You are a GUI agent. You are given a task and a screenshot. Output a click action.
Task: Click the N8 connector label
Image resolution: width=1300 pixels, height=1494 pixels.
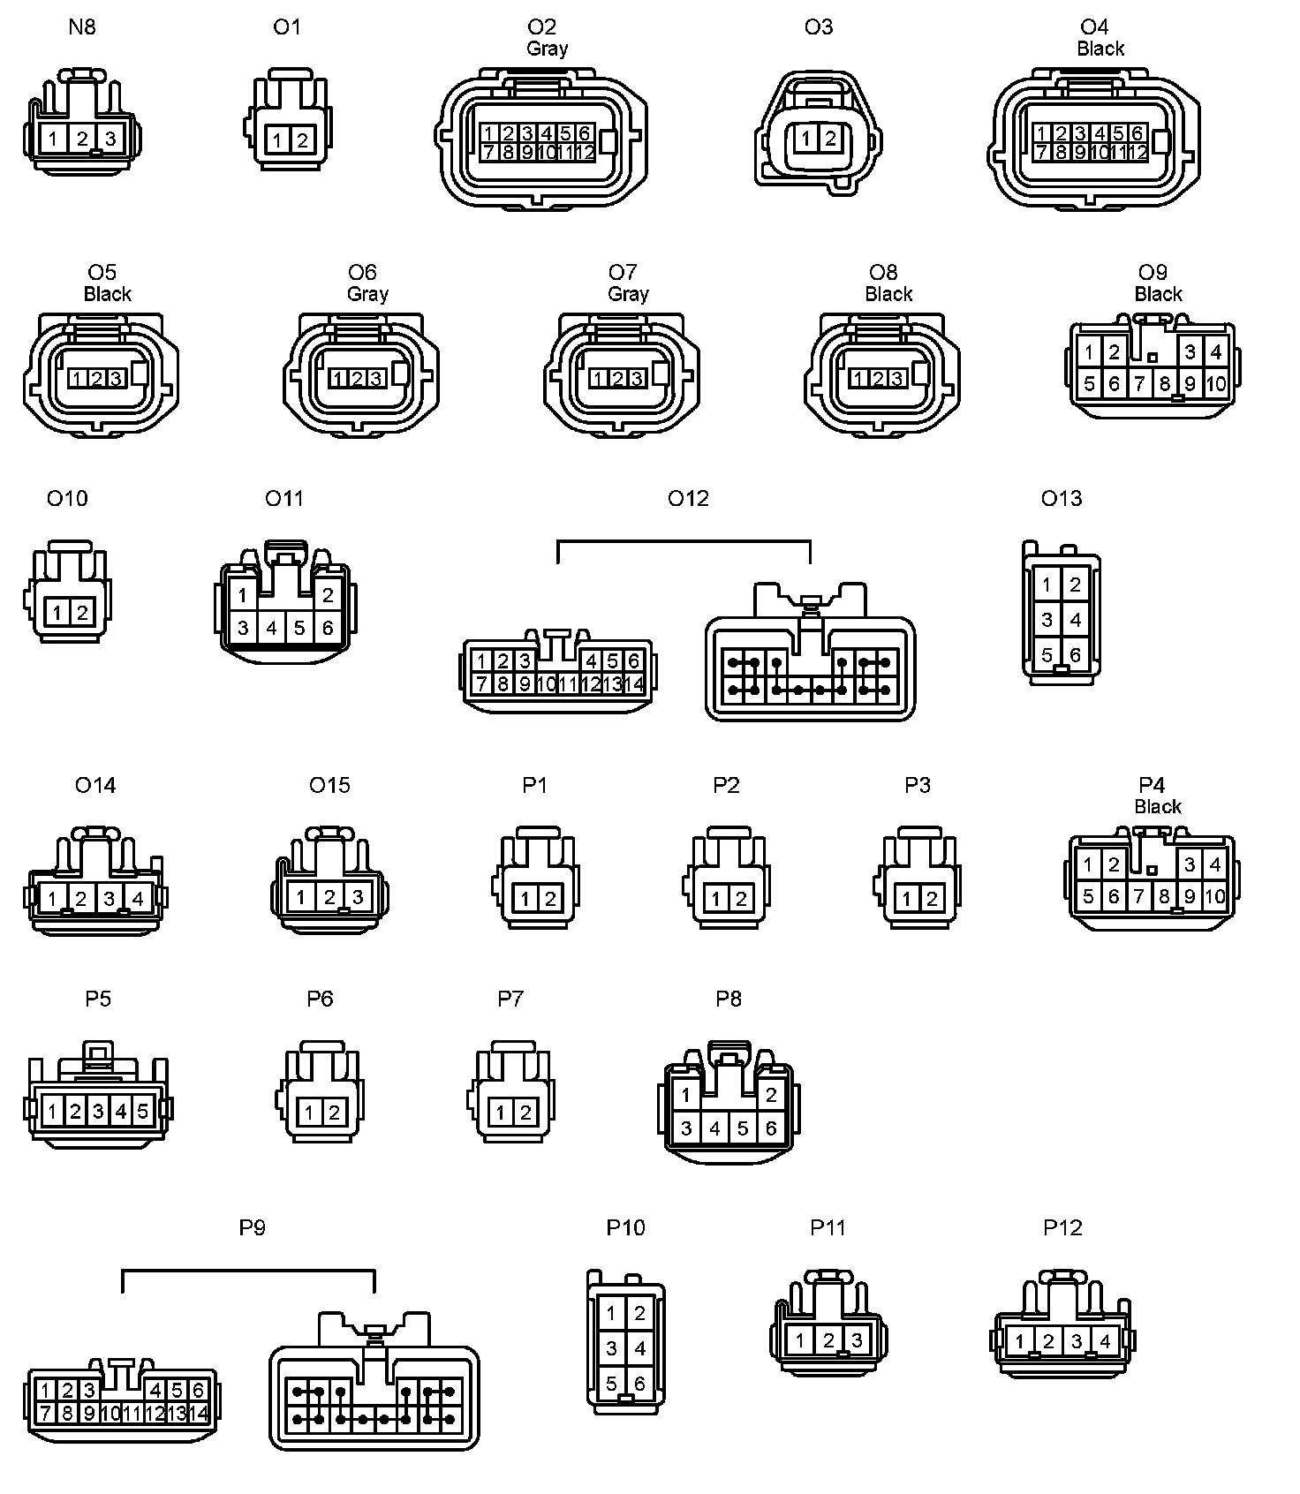(x=82, y=27)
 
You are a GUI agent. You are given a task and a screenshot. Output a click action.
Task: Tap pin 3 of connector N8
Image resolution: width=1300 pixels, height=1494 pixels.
(x=110, y=139)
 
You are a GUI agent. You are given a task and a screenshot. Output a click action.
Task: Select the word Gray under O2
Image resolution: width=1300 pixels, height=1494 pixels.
(x=547, y=49)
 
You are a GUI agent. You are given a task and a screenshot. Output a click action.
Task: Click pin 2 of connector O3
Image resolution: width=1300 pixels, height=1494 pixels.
(x=829, y=138)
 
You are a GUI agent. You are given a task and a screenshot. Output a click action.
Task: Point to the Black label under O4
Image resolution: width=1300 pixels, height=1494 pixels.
(x=1100, y=49)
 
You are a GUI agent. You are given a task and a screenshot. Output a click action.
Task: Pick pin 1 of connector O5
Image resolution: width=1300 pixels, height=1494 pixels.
(x=77, y=379)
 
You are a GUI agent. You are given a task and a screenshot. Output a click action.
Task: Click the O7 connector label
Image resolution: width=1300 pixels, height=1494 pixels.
(x=623, y=272)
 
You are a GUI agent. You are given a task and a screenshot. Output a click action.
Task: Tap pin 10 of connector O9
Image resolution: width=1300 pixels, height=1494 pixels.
(x=1216, y=383)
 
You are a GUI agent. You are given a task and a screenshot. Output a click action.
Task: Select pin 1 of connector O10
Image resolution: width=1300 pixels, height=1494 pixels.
(x=57, y=612)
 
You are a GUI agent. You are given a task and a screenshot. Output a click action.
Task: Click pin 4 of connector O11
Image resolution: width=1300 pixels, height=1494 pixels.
(x=272, y=628)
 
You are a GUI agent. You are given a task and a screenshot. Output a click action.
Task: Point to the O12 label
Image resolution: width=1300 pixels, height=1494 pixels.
(x=688, y=499)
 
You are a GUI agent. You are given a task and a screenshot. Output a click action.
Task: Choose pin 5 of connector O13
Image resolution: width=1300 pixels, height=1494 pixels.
(x=1047, y=655)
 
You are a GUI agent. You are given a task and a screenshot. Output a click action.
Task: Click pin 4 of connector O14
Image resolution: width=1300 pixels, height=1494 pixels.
(x=138, y=900)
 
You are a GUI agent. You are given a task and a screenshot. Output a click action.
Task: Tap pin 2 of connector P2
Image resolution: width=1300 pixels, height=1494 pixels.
(x=741, y=900)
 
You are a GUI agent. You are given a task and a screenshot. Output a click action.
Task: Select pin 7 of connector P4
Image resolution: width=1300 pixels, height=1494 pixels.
(x=1139, y=897)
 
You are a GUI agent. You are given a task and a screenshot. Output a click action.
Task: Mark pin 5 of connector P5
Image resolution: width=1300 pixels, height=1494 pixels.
(x=142, y=1111)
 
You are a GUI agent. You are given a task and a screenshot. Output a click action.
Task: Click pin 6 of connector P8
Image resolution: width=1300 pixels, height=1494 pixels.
(x=771, y=1128)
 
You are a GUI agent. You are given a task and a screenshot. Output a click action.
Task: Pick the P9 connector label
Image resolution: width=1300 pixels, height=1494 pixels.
(x=253, y=1227)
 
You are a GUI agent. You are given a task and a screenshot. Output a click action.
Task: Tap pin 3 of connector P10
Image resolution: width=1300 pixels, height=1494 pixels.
(x=612, y=1348)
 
